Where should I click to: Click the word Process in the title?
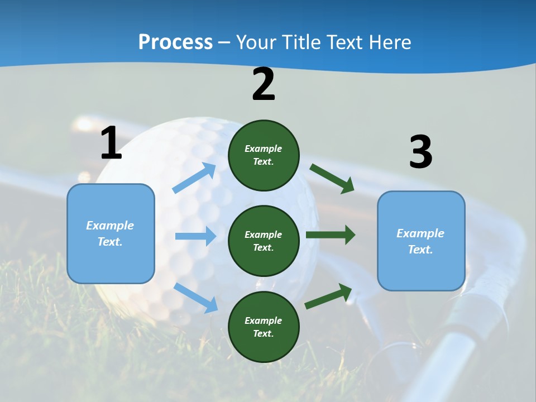tap(175, 42)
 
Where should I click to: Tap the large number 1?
tap(111, 143)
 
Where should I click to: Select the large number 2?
tap(264, 85)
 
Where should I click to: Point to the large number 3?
tap(420, 152)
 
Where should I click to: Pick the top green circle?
tap(264, 155)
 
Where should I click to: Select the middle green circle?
tap(264, 241)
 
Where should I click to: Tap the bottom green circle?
tap(264, 327)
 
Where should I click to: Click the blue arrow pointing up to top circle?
tap(194, 178)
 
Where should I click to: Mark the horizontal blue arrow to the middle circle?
tap(195, 236)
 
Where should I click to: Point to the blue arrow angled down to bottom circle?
tap(196, 298)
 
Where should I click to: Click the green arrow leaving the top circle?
tap(332, 179)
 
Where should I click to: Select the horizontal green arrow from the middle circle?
tap(330, 234)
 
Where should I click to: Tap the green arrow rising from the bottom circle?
tap(328, 296)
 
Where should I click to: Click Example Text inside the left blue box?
tap(110, 233)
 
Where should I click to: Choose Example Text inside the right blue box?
tap(420, 241)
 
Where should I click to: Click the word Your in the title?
tap(256, 42)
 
